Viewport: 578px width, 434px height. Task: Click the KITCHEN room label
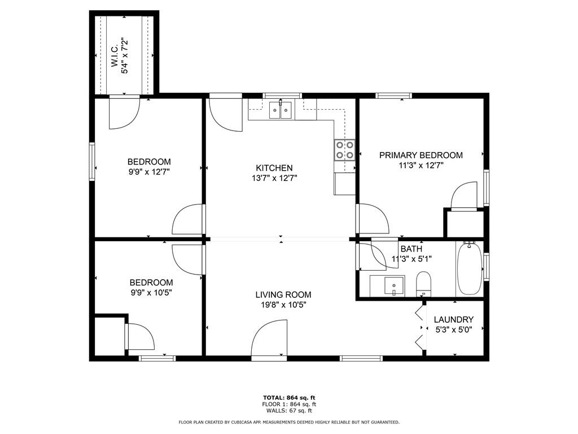(x=274, y=168)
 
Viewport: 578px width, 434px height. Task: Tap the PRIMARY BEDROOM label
(x=421, y=155)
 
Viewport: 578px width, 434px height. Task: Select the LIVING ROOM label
(x=283, y=294)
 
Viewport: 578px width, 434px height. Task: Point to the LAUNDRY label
(x=453, y=320)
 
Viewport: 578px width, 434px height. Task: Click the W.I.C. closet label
(x=115, y=57)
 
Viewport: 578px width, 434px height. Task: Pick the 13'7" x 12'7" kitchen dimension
(x=274, y=178)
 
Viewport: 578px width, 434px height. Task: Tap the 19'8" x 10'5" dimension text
(x=283, y=305)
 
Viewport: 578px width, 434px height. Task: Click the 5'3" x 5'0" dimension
(x=453, y=329)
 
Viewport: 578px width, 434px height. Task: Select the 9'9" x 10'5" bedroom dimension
(x=151, y=293)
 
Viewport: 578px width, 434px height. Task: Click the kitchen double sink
(x=281, y=110)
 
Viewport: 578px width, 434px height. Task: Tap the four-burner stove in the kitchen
(x=345, y=150)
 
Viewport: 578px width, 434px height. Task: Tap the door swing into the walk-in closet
(x=124, y=112)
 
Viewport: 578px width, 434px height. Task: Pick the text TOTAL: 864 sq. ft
(x=289, y=398)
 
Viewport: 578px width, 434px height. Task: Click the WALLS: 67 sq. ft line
(x=289, y=410)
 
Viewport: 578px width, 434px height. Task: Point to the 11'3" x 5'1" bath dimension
(x=411, y=259)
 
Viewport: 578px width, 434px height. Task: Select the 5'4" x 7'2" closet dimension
(x=125, y=58)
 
